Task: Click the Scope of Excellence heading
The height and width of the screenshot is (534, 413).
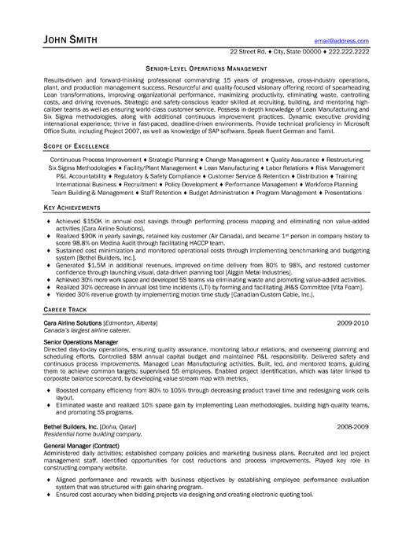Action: point(76,125)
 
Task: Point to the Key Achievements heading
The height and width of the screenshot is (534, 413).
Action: point(72,207)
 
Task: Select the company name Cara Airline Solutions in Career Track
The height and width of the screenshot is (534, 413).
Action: point(73,323)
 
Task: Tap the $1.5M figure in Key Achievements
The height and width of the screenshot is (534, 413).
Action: point(111,267)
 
